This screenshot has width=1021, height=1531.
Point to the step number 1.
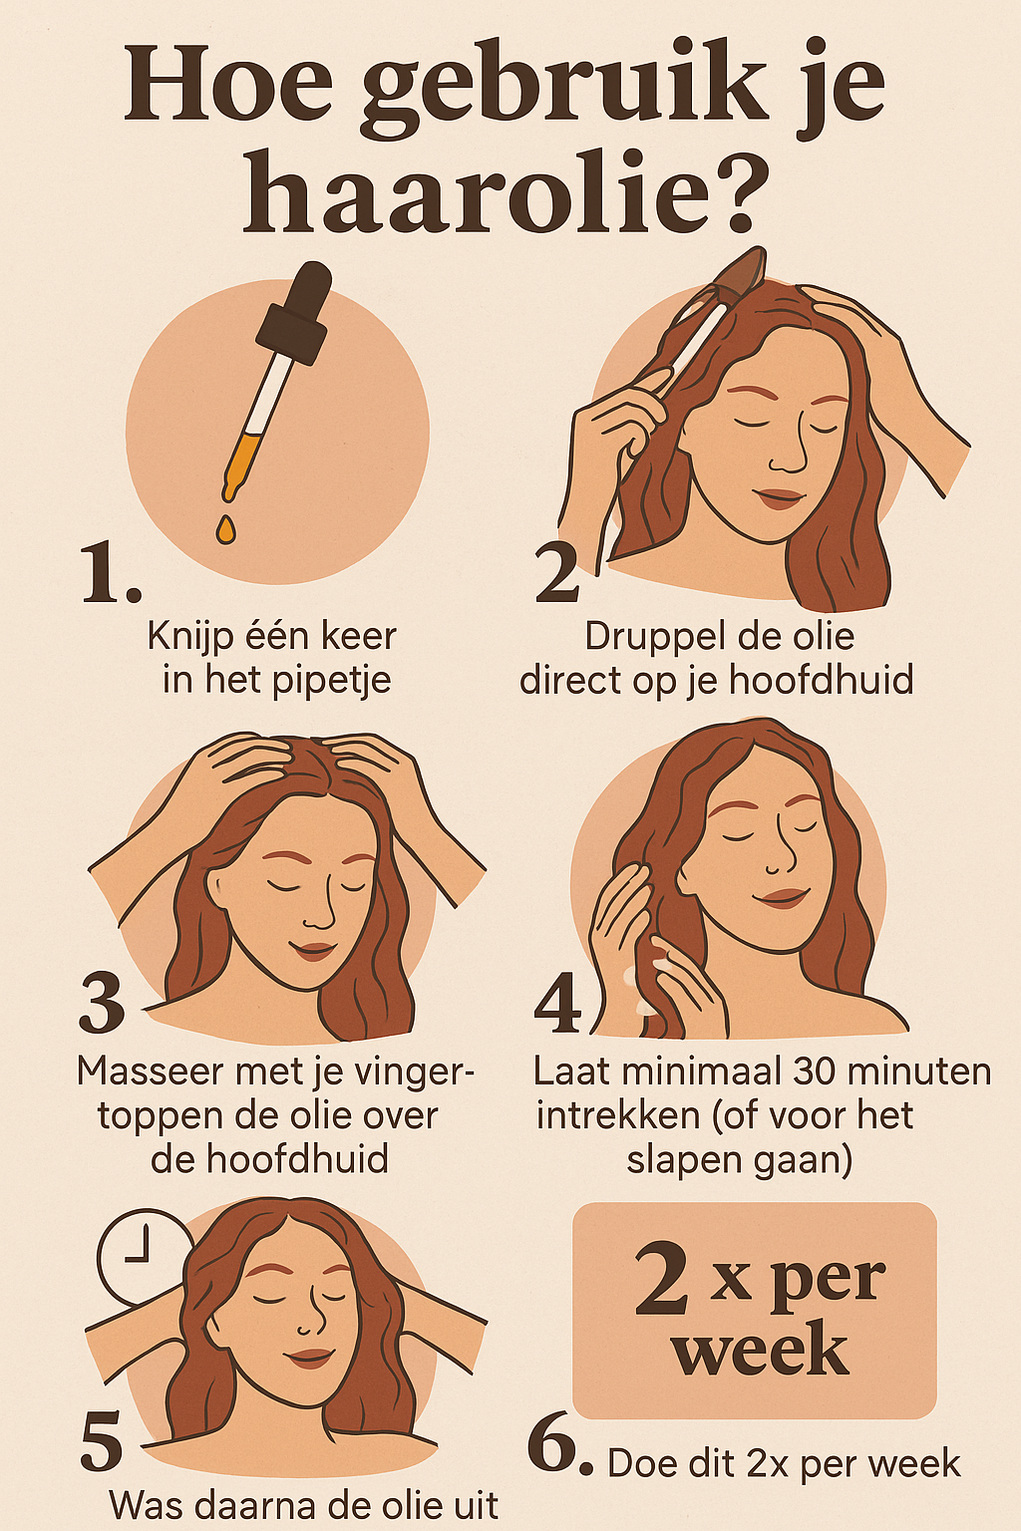click(110, 574)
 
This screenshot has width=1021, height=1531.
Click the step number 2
click(557, 574)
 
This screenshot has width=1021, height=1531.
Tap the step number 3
click(102, 1003)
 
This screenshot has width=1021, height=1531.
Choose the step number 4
click(557, 1004)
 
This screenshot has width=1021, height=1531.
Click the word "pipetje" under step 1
click(332, 682)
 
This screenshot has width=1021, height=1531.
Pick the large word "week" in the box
click(761, 1352)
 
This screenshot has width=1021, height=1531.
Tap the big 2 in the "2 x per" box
click(661, 1278)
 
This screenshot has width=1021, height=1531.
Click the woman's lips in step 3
click(312, 950)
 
